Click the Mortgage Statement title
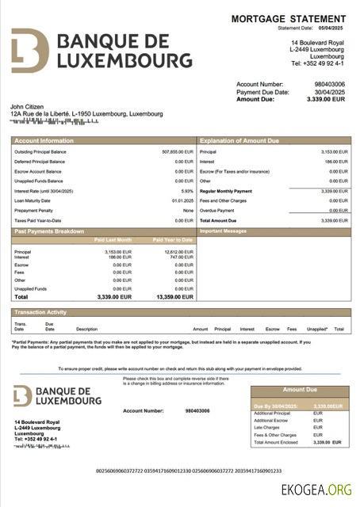tap(289, 18)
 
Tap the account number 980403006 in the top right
tap(330, 84)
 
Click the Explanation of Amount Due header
tap(239, 140)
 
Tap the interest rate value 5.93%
tap(187, 191)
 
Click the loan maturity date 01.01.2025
tap(183, 200)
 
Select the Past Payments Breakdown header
tap(48, 231)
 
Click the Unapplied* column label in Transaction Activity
tap(317, 328)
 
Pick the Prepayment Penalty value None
tap(188, 210)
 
